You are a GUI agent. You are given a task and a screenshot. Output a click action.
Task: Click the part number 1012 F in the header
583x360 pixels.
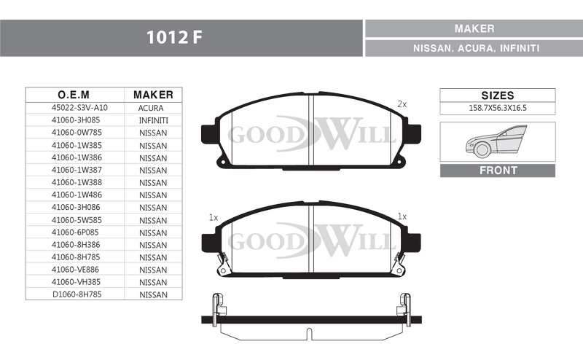pos(174,37)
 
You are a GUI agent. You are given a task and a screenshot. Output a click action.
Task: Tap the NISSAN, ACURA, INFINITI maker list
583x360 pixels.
pos(477,48)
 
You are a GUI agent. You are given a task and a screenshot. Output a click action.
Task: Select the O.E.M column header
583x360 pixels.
pos(74,95)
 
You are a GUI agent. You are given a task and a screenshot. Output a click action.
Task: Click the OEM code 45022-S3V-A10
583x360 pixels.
pos(79,108)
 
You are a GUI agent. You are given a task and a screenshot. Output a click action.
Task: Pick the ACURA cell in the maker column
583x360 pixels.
pos(151,109)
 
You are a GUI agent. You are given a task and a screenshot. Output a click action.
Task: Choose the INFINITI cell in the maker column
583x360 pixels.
pos(153,120)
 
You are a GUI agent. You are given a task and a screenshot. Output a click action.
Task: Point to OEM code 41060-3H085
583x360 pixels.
pos(76,120)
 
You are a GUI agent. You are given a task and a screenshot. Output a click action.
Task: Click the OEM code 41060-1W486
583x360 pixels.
pos(77,195)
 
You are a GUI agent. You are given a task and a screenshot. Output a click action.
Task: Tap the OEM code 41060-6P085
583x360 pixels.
pos(75,232)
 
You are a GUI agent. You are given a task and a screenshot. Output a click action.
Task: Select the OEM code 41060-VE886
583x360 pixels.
pos(76,270)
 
